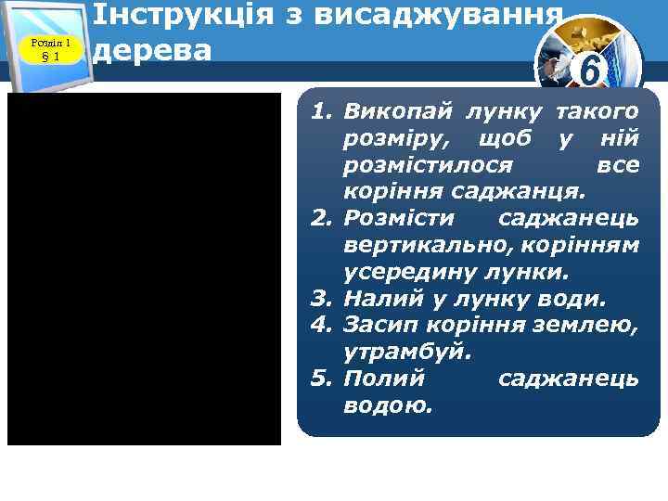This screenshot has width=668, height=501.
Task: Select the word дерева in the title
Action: tap(153, 48)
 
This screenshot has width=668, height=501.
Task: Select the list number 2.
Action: tap(321, 219)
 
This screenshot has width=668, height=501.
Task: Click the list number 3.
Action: tap(321, 299)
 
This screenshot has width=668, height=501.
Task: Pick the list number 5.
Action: tap(321, 379)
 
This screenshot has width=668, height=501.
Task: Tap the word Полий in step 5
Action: tap(383, 379)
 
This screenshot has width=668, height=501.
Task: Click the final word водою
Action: tap(388, 405)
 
